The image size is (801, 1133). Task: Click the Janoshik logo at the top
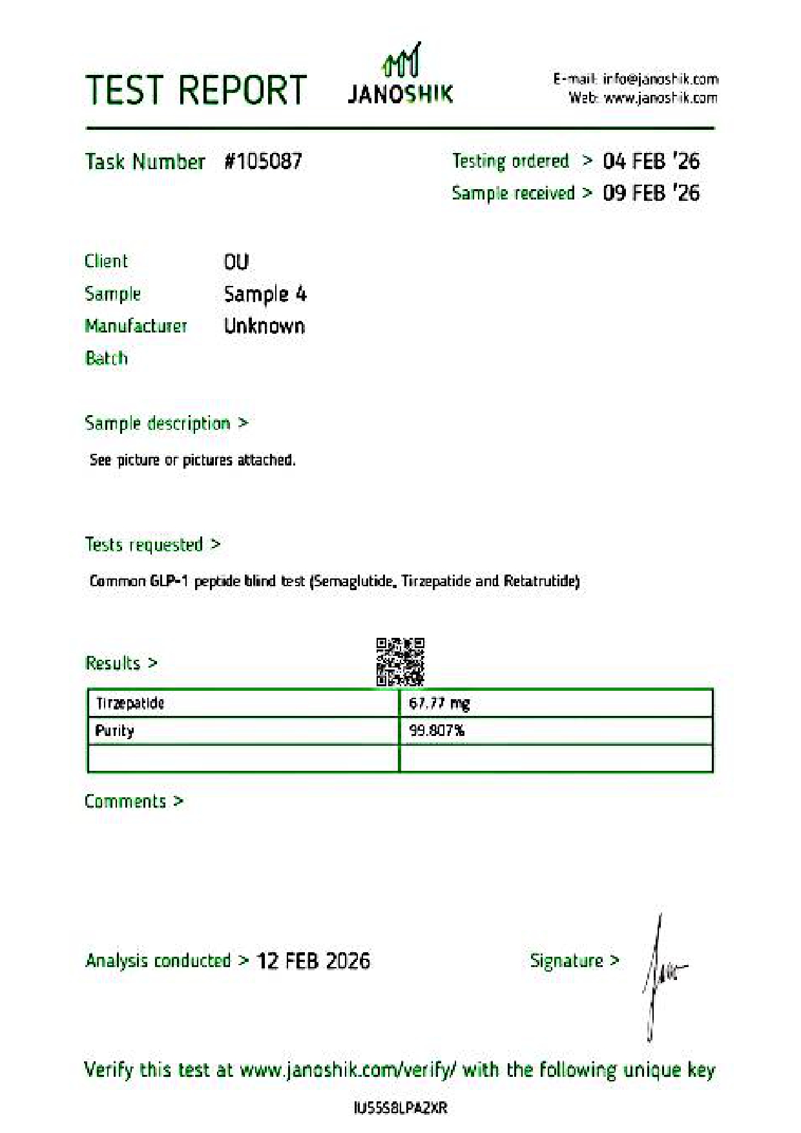pyautogui.click(x=400, y=76)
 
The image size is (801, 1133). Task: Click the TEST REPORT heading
pyautogui.click(x=196, y=90)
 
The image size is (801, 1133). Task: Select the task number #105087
pyautogui.click(x=263, y=161)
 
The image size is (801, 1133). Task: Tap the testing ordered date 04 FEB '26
pyautogui.click(x=650, y=161)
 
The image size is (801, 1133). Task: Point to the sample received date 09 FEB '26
pyautogui.click(x=650, y=192)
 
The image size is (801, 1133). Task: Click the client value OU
pyautogui.click(x=236, y=261)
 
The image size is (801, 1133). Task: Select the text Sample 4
pyautogui.click(x=265, y=294)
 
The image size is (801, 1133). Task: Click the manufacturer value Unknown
pyautogui.click(x=264, y=326)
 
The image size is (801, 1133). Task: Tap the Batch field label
pyautogui.click(x=106, y=358)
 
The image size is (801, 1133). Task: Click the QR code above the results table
pyautogui.click(x=400, y=662)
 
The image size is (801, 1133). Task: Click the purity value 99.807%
pyautogui.click(x=437, y=731)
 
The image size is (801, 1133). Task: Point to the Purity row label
pyautogui.click(x=114, y=731)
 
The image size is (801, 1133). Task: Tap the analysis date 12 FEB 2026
pyautogui.click(x=313, y=961)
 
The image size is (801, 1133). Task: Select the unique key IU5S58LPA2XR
pyautogui.click(x=400, y=1108)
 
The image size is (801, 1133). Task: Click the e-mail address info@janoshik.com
pyautogui.click(x=660, y=79)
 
